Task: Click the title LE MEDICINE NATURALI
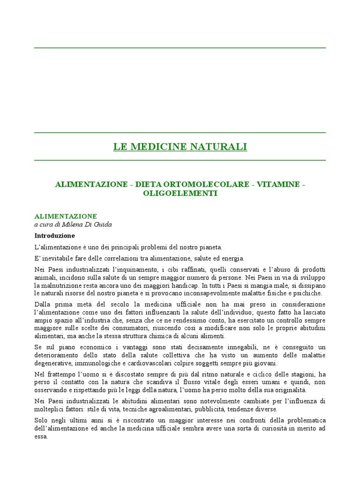coord(180,147)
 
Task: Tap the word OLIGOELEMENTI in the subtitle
coord(180,193)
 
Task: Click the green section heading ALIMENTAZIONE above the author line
coord(66,216)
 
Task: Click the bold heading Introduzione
coord(54,235)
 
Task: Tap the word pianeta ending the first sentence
coord(210,247)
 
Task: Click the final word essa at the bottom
coord(41,436)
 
